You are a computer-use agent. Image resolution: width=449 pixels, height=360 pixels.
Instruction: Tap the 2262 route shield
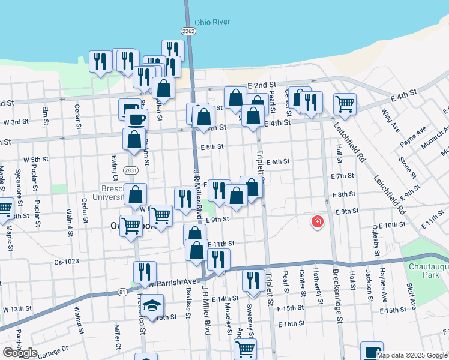pyautogui.click(x=188, y=31)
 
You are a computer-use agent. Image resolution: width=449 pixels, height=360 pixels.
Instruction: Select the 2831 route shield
pyautogui.click(x=128, y=170)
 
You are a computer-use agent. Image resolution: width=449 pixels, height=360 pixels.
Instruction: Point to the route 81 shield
pyautogui.click(x=122, y=292)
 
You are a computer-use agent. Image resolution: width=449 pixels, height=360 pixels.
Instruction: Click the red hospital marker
pyautogui.click(x=316, y=223)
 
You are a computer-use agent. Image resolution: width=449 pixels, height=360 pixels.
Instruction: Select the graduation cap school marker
pyautogui.click(x=152, y=304)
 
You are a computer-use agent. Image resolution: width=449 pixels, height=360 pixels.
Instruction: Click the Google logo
pyautogui.click(x=20, y=353)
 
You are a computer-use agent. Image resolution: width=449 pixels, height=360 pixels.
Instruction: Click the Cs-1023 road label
pyautogui.click(x=67, y=262)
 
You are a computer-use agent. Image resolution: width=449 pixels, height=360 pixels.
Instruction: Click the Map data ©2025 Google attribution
pyautogui.click(x=412, y=355)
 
